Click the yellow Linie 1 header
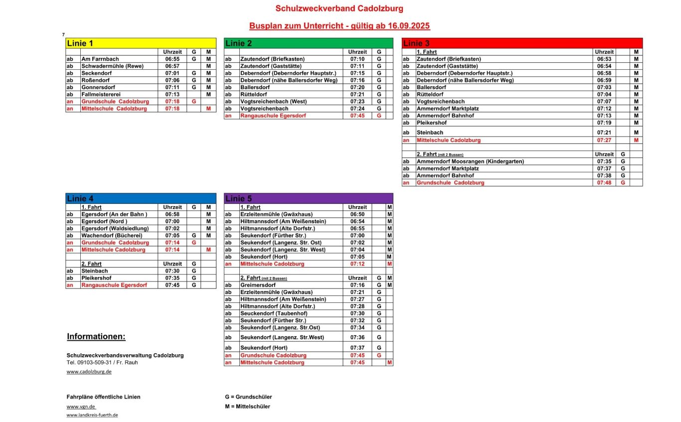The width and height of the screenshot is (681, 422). pos(141,43)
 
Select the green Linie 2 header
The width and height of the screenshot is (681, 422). pos(308,43)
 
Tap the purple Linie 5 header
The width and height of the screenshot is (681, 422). pos(308,199)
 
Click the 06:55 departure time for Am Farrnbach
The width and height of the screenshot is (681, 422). pos(172,59)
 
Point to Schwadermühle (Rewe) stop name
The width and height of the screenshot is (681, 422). pos(110,66)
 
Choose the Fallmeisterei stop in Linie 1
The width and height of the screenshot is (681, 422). pos(101,94)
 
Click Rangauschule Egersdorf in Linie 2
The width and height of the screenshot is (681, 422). pos(273,116)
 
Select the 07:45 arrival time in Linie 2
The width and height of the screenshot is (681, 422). pos(357,116)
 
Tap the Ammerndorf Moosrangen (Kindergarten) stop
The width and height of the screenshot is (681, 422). pos(463,161)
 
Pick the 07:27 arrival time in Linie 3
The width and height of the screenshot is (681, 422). pos(604,141)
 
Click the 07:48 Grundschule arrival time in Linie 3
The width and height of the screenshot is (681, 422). pos(604,183)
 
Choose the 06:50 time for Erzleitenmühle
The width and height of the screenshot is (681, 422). pos(357,214)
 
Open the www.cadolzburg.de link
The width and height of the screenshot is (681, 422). pos(89,372)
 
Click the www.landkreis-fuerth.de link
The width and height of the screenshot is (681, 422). pos(92,415)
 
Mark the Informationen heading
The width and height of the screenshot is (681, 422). pos(96,337)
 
